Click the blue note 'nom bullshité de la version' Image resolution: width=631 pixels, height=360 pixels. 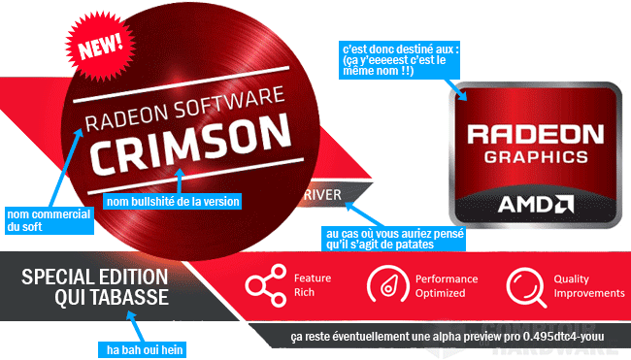(171, 202)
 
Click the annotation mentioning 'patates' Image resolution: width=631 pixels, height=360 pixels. (379, 242)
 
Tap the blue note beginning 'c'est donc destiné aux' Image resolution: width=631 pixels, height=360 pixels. (393, 62)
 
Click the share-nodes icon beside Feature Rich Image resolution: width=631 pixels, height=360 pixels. (261, 285)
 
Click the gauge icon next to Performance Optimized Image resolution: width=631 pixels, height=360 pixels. (385, 285)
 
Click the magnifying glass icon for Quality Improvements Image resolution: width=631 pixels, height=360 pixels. (525, 285)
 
